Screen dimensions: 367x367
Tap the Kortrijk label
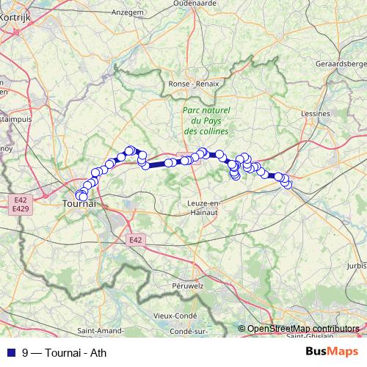point(15,14)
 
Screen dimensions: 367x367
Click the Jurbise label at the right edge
point(357,265)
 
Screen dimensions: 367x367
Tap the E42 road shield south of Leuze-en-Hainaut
point(134,240)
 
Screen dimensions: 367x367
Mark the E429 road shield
point(21,209)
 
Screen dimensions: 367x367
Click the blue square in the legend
point(9,352)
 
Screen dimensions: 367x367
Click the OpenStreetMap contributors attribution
point(303,328)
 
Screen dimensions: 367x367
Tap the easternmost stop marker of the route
point(287,185)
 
